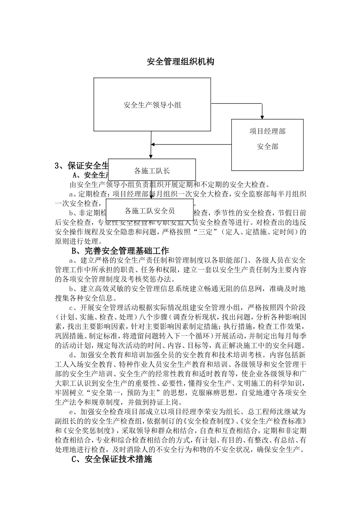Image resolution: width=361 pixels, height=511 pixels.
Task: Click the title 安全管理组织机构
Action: pyautogui.click(x=180, y=62)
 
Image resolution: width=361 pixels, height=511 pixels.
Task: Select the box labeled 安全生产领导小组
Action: pyautogui.click(x=152, y=105)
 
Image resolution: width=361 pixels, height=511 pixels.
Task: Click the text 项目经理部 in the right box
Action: pyautogui.click(x=268, y=132)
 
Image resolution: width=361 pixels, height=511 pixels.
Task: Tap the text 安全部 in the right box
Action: pyautogui.click(x=268, y=146)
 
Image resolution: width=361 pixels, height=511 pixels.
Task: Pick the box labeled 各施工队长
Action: pyautogui.click(x=152, y=170)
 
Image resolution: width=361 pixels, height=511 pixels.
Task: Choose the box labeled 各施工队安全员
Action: pyautogui.click(x=150, y=210)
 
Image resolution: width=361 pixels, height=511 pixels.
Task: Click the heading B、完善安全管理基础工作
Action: pyautogui.click(x=120, y=251)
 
